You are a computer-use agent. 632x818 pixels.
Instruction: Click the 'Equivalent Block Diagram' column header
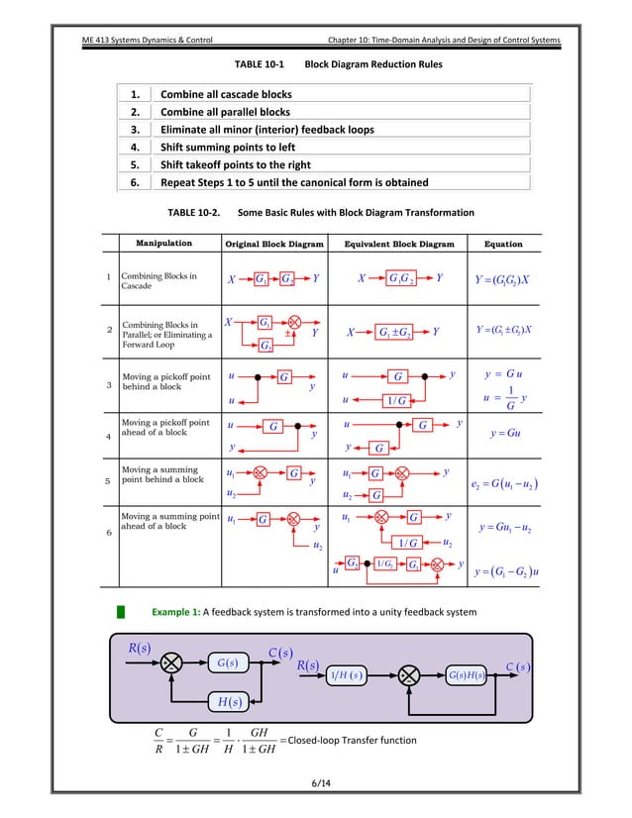tap(398, 244)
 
